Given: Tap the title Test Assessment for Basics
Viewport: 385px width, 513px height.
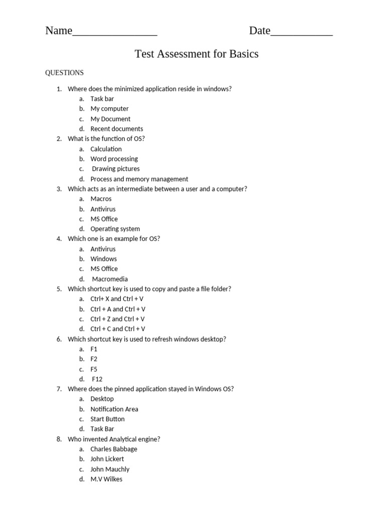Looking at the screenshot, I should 197,54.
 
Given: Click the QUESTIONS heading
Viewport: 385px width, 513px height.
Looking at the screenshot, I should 64,73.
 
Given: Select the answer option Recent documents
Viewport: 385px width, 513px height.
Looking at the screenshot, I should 116,129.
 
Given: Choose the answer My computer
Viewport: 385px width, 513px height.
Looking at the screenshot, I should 109,109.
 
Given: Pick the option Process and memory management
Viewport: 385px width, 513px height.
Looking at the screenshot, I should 139,179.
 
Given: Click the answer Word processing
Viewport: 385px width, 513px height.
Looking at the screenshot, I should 114,159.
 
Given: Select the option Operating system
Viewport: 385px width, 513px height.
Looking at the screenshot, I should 115,229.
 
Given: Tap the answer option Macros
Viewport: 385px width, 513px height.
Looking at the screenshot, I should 101,199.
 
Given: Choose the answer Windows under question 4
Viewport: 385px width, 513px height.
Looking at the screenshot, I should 103,259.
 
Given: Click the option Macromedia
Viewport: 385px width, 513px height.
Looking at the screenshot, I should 110,279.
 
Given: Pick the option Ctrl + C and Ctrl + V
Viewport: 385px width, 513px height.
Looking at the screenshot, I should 117,329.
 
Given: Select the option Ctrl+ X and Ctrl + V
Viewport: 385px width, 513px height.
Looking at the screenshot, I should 117,299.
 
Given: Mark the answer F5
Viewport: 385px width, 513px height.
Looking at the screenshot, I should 94,369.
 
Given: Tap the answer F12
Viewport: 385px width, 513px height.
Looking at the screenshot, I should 97,379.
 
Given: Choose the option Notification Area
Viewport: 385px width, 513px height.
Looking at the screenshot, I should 114,409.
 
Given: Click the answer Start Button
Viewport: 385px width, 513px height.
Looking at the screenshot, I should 107,419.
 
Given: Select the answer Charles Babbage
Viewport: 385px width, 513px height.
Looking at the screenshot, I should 113,449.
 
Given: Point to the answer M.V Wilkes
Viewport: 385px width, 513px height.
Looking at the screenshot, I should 106,479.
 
